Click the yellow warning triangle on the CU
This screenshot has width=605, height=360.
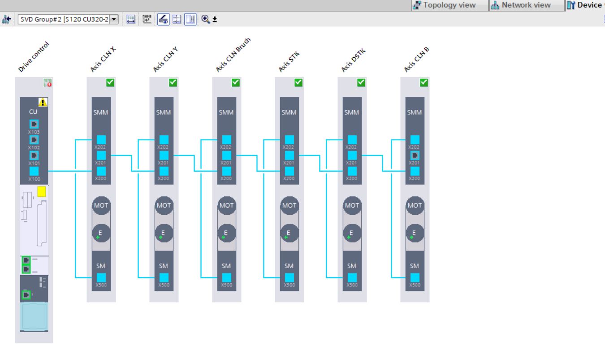[43, 102]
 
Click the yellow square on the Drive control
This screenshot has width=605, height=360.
[42, 192]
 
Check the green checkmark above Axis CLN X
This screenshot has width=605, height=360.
[110, 82]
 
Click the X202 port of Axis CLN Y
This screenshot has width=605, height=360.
[164, 140]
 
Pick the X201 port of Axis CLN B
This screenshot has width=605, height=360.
[415, 156]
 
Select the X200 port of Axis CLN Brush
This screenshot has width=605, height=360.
[227, 171]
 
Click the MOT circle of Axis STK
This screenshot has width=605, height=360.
[289, 205]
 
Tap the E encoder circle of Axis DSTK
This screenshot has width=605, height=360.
[352, 233]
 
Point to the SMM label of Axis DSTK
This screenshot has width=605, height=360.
[352, 113]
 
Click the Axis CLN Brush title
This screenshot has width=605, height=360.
[233, 56]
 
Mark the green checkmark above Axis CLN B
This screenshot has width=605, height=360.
[423, 82]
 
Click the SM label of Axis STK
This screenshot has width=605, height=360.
[289, 265]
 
